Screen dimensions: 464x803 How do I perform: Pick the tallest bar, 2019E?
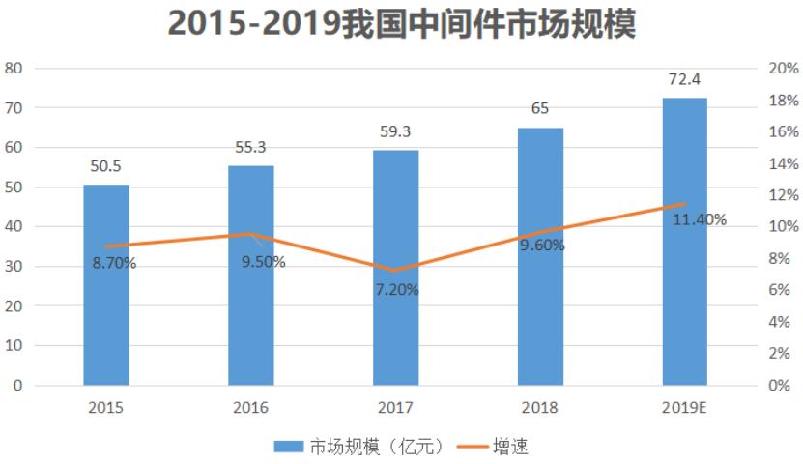[684, 242]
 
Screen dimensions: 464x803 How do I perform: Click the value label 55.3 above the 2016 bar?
[251, 147]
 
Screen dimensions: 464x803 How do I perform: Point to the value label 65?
[540, 108]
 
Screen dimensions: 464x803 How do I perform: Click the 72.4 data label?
[684, 79]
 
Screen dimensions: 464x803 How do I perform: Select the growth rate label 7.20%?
[396, 289]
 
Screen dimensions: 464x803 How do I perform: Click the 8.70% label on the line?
[114, 263]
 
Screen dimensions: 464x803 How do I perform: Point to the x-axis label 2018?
[540, 408]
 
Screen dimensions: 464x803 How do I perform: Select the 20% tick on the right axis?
[784, 69]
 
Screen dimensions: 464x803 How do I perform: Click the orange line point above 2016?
[251, 234]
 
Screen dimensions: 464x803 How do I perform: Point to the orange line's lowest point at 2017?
[396, 271]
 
